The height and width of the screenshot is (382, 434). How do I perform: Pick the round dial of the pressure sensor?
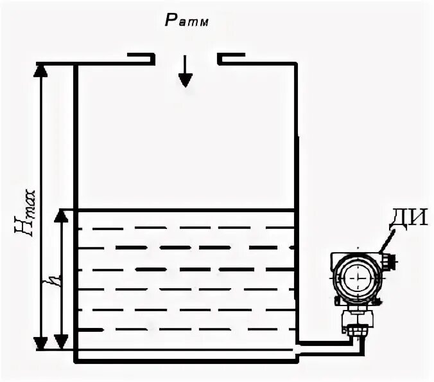(357, 277)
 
